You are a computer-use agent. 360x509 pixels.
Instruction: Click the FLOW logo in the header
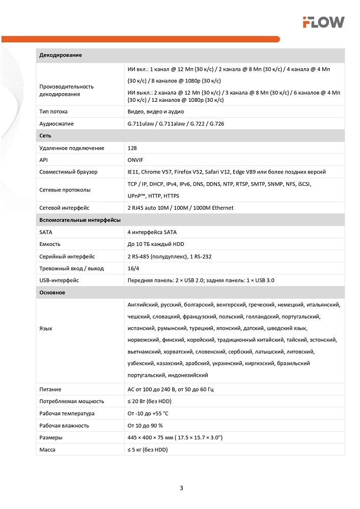pos(323,21)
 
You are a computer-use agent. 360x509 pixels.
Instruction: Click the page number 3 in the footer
pos(181,488)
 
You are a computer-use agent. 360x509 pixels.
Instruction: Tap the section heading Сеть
pos(45,136)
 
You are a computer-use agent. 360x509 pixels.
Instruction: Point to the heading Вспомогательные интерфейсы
pos(80,220)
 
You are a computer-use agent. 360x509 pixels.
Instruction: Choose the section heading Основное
pos(52,293)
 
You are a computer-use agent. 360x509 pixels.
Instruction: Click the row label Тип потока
pos(53,111)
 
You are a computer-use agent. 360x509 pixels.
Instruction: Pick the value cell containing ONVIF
pos(135,160)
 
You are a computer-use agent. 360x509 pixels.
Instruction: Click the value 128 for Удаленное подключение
pos(132,148)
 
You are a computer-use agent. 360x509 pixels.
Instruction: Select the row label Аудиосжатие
pos(57,124)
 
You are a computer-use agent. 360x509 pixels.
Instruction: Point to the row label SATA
pos(45,232)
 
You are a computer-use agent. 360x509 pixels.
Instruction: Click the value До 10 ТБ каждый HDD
pos(156,244)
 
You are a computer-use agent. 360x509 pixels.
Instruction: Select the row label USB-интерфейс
pos(59,280)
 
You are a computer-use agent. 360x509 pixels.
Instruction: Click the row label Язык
pos(46,328)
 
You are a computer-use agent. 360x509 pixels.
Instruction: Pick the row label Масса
pos(47,449)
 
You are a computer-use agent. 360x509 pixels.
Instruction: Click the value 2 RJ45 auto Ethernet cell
pos(173,208)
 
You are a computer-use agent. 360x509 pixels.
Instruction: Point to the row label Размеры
pos(51,437)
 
